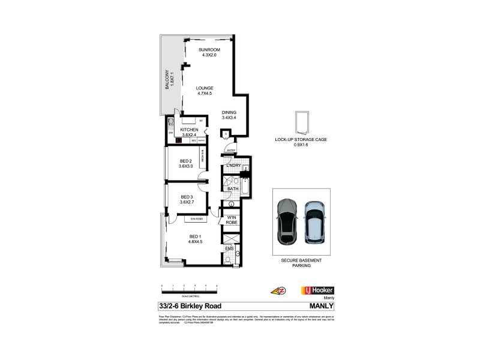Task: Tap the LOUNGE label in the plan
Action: [205, 88]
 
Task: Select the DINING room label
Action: [229, 112]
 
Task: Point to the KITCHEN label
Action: [189, 130]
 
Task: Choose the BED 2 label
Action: [185, 161]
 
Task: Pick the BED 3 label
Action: [187, 197]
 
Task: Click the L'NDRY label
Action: [233, 165]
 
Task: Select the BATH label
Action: [233, 189]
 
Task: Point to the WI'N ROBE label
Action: [232, 220]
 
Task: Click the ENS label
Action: [229, 248]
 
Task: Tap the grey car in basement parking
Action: [287, 221]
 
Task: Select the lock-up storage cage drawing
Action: [301, 123]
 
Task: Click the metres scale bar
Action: [189, 289]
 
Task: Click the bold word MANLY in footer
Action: [320, 306]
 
